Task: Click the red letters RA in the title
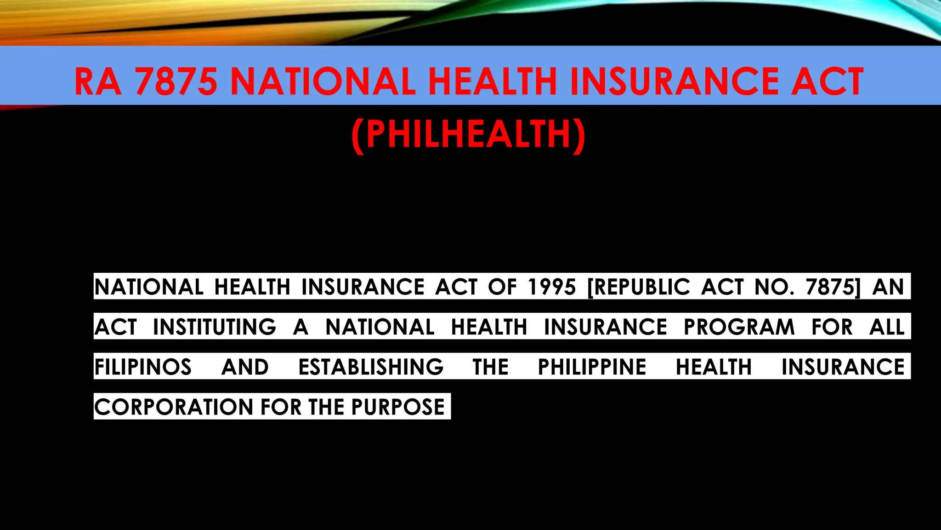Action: pyautogui.click(x=98, y=82)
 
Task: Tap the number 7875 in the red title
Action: pyautogui.click(x=176, y=82)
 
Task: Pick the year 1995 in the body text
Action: pyautogui.click(x=552, y=287)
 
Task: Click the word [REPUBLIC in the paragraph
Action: pyautogui.click(x=639, y=287)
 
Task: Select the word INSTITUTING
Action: pyautogui.click(x=215, y=327)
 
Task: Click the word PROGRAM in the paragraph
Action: pyautogui.click(x=739, y=327)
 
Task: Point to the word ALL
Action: pyautogui.click(x=887, y=327)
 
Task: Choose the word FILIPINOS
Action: pyautogui.click(x=143, y=367)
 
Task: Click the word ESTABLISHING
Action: pyautogui.click(x=371, y=367)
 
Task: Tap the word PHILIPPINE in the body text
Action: pyautogui.click(x=592, y=367)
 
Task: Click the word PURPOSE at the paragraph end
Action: pyautogui.click(x=398, y=407)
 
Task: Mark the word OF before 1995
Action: pyautogui.click(x=502, y=287)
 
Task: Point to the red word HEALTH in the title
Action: pyautogui.click(x=493, y=82)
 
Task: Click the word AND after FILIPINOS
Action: pyautogui.click(x=245, y=367)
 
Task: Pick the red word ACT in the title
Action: pyautogui.click(x=827, y=82)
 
